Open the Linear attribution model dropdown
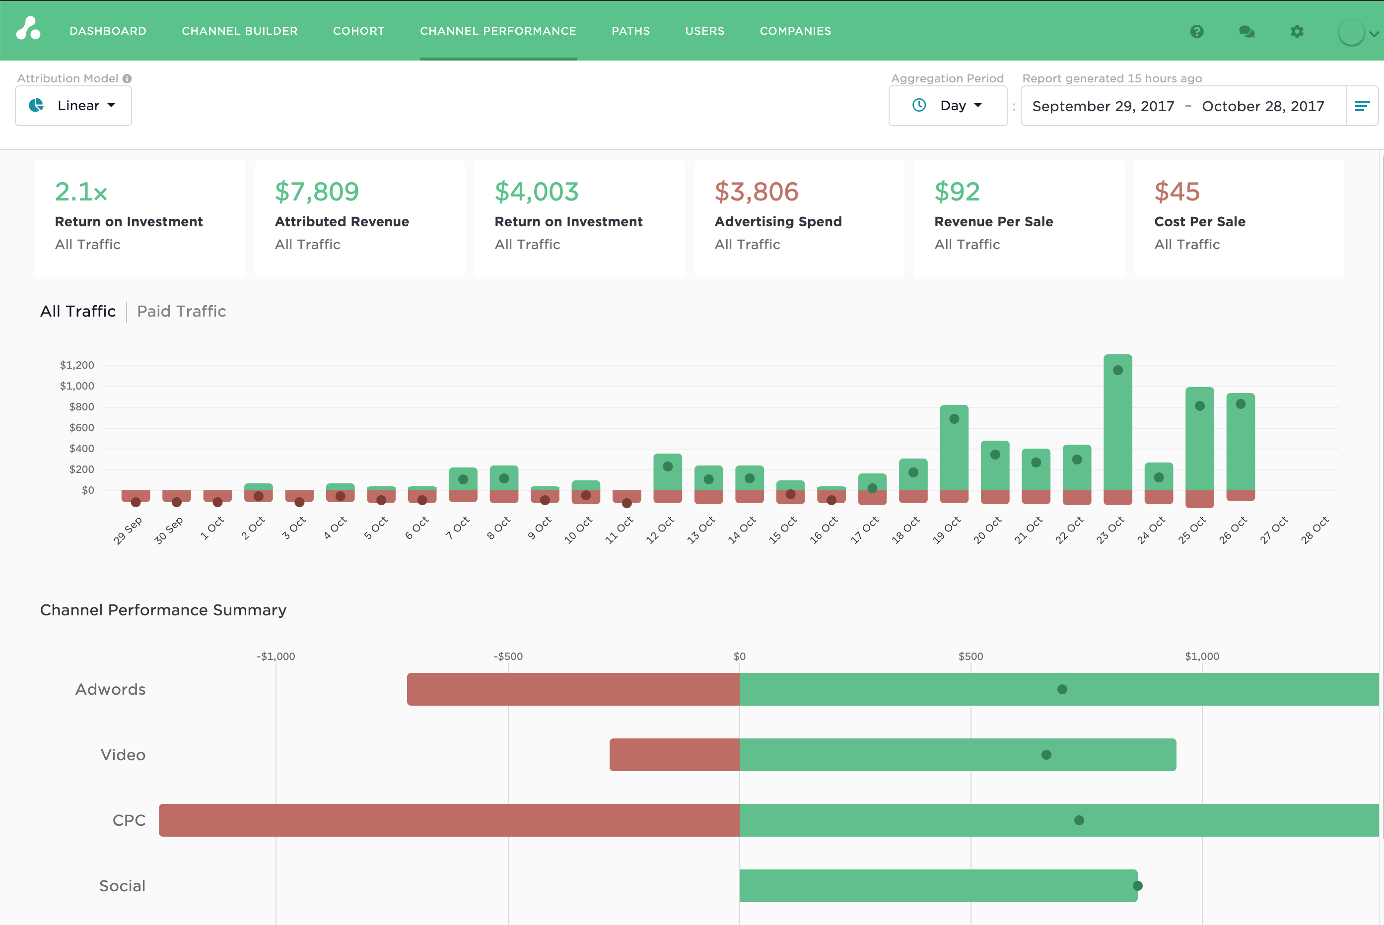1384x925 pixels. click(73, 106)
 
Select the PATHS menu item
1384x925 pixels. click(630, 31)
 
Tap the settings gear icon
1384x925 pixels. click(1296, 31)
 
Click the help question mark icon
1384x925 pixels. click(1196, 31)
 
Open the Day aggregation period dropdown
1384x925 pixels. click(948, 106)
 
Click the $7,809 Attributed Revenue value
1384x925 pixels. click(317, 192)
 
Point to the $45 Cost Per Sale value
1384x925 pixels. click(1176, 192)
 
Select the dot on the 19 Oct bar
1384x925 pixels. click(954, 419)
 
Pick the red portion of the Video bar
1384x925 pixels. click(674, 754)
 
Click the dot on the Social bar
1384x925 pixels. click(1137, 885)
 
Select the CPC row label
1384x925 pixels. click(129, 820)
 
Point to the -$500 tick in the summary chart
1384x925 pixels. click(508, 656)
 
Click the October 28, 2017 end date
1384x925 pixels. click(1262, 106)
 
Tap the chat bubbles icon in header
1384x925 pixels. click(1246, 31)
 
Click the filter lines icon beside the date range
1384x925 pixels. click(1362, 106)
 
